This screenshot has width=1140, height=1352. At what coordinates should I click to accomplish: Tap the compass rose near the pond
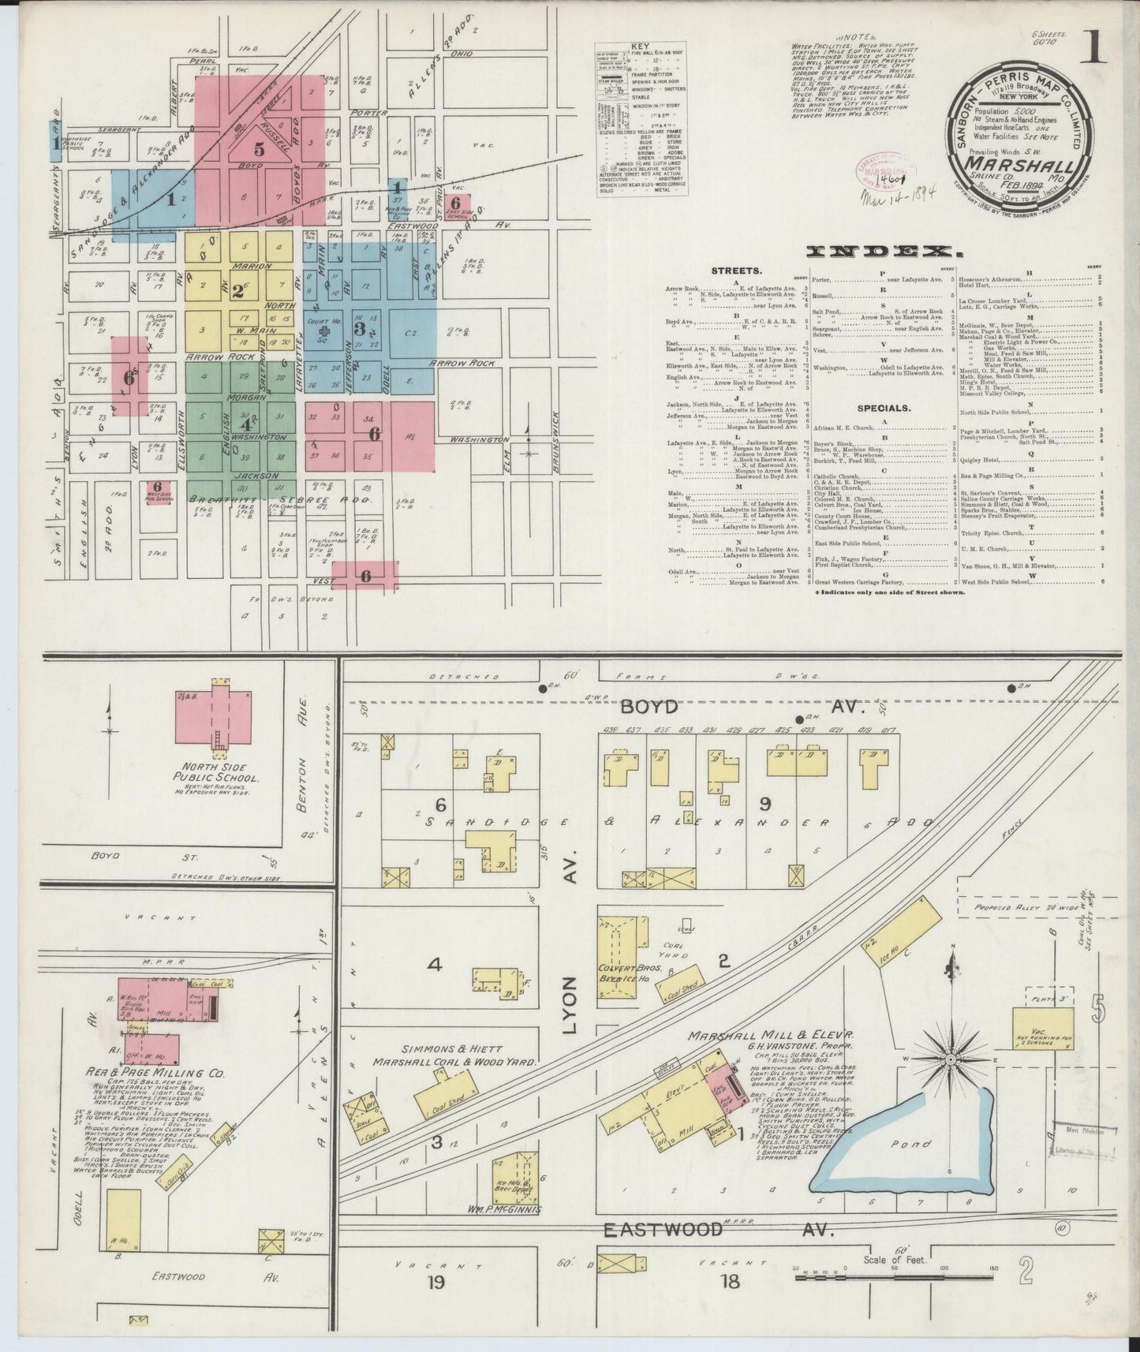coord(951,1057)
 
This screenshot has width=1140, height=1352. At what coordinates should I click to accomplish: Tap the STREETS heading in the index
coord(735,271)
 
